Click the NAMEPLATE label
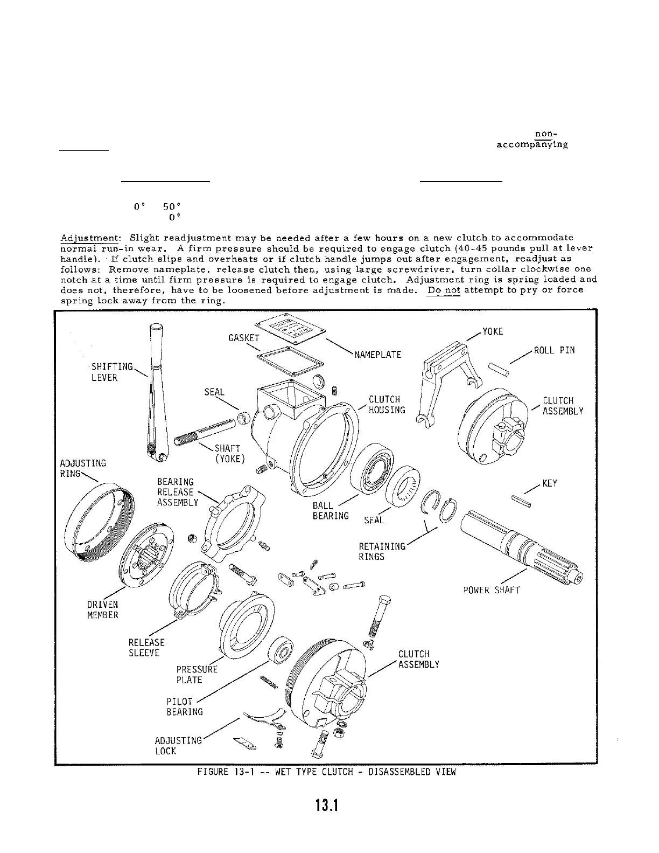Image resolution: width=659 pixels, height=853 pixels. (x=378, y=355)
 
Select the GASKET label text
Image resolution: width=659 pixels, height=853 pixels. (x=244, y=338)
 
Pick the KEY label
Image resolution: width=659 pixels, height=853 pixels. (x=549, y=483)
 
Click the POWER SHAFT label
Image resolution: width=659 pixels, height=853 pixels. (x=492, y=590)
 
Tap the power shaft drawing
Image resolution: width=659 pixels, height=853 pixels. (x=522, y=544)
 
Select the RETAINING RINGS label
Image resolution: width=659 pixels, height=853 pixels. (x=382, y=551)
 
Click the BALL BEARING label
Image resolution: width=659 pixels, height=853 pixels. (x=330, y=511)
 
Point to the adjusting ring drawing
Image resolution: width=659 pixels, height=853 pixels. (x=97, y=520)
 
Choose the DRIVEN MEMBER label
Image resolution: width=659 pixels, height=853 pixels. (x=102, y=609)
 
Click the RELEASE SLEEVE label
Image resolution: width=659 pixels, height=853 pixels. (x=146, y=648)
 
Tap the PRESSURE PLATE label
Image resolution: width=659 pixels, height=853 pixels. (x=197, y=675)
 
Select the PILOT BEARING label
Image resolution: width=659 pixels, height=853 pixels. (x=185, y=706)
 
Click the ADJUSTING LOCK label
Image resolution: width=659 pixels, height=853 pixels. (x=178, y=745)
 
